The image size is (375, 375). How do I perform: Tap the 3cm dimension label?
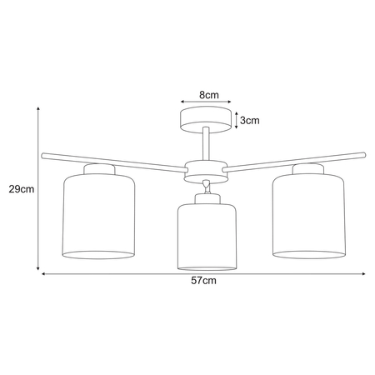249,120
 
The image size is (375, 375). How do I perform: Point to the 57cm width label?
203,282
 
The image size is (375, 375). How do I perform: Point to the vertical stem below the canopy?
203,143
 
